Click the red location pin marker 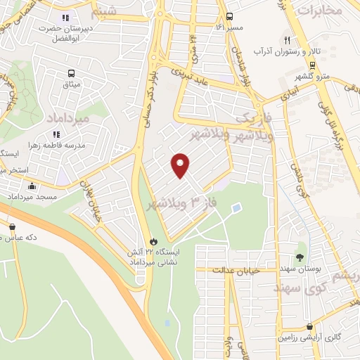click(181, 165)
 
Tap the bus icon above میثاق click(71, 73)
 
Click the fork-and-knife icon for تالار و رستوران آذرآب click(286, 40)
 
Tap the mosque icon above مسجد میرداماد click(32, 187)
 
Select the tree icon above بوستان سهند click(300, 257)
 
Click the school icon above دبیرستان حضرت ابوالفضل click(65, 18)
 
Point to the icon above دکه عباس click(13, 226)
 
